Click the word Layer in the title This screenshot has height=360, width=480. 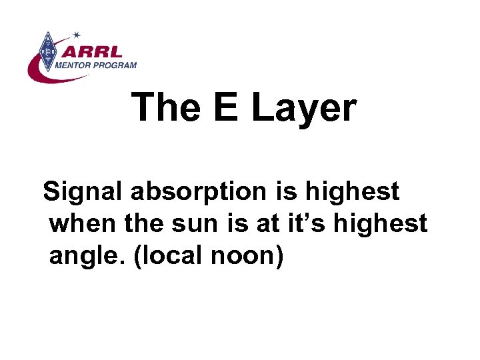click(304, 108)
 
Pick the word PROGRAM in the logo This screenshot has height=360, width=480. click(116, 65)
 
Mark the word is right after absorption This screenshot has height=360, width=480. click(285, 192)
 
